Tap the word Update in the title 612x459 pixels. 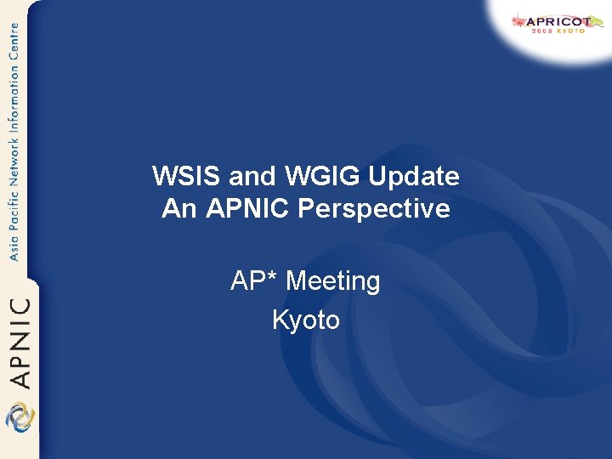[416, 177]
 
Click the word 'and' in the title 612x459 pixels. [253, 177]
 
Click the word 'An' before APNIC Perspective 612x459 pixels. [178, 208]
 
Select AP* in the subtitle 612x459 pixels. [254, 281]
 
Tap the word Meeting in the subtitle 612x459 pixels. [332, 281]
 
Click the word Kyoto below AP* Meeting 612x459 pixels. [306, 320]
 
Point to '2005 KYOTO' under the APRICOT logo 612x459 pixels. [558, 31]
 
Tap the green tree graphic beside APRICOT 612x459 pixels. [598, 21]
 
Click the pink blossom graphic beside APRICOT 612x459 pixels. [518, 20]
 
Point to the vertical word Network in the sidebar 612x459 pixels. [13, 156]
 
